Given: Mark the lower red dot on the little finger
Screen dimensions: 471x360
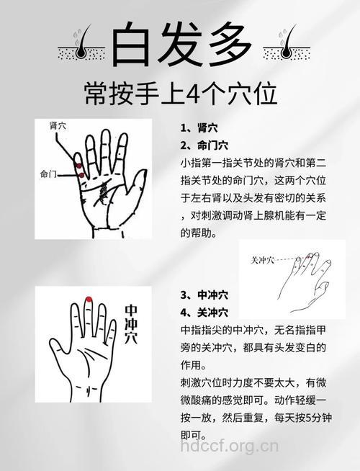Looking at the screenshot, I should point(81,175).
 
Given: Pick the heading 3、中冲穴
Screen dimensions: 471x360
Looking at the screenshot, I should point(204,295).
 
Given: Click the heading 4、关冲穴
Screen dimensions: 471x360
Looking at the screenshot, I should point(204,312).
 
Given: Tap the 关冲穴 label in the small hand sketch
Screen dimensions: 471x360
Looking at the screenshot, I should point(263,259).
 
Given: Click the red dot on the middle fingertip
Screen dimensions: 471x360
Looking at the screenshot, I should point(89,300).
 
